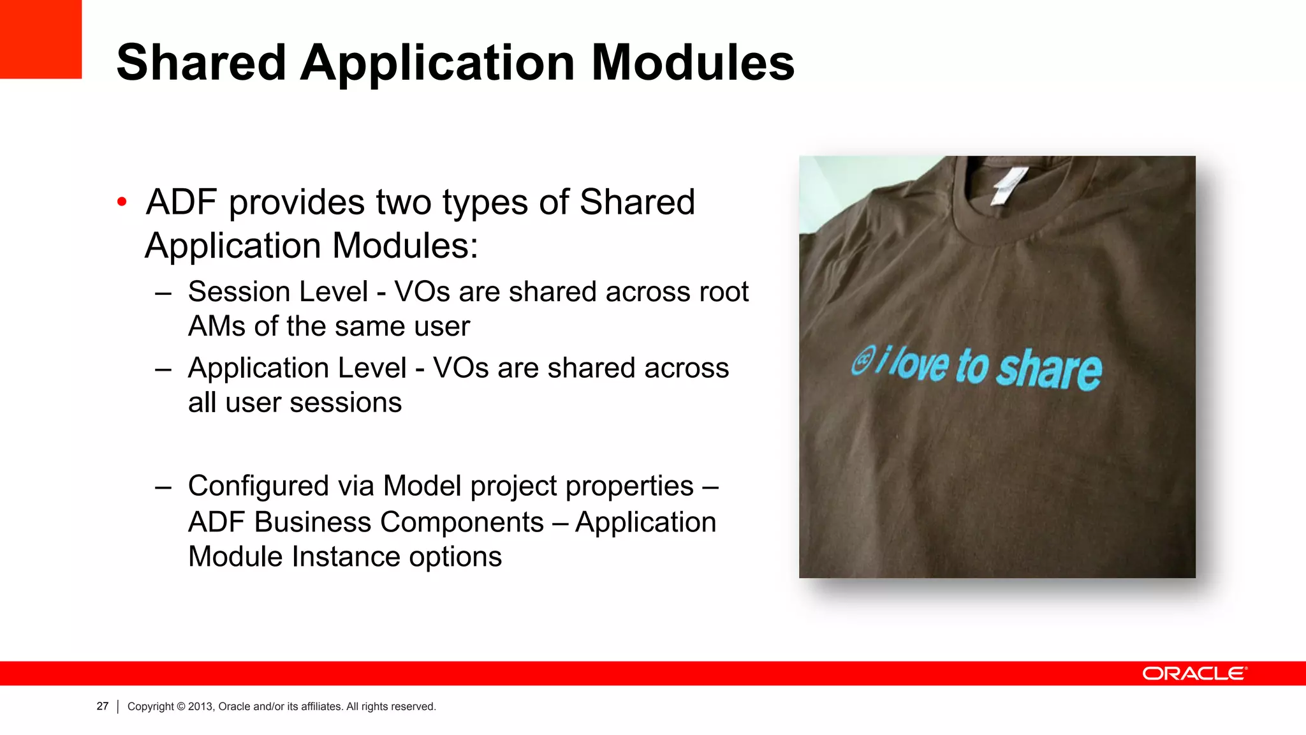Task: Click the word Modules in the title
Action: point(693,63)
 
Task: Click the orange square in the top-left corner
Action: point(40,38)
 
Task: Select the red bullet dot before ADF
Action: point(122,203)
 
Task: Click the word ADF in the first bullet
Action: point(182,203)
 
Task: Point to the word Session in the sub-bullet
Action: point(278,292)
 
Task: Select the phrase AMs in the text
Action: point(216,327)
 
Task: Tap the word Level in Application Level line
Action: point(372,368)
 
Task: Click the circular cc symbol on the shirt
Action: point(863,361)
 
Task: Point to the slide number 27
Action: point(103,706)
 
